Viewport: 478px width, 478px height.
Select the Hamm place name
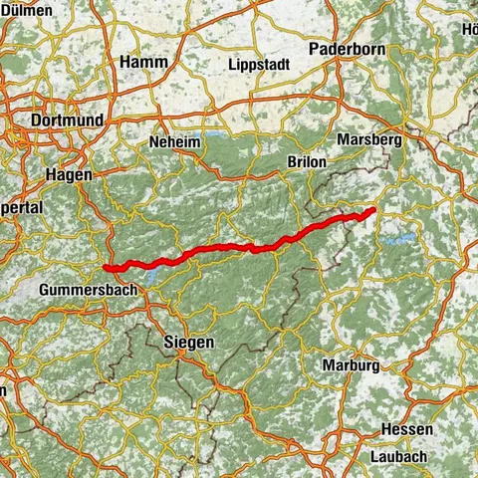142,62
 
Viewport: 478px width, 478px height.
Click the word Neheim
174,142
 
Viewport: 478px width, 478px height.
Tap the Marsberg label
370,140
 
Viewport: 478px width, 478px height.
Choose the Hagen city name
70,174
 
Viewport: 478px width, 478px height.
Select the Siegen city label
187,343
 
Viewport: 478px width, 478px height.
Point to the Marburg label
351,365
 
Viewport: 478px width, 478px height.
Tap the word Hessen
406,429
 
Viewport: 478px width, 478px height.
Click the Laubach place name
404,456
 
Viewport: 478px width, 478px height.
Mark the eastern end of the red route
373,209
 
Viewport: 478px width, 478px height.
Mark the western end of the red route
106,266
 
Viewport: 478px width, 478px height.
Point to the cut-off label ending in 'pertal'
20,208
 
